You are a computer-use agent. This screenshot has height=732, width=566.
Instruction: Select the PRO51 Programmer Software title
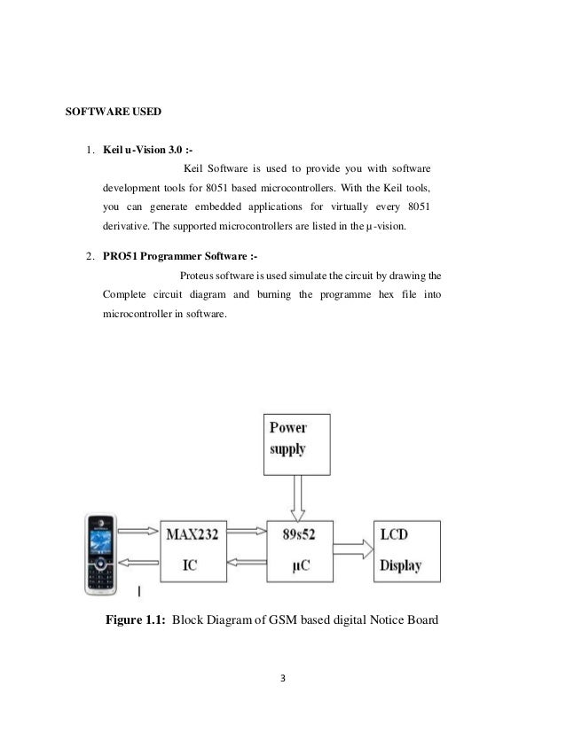coord(161,258)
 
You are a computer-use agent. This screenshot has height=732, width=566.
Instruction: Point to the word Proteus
coord(200,275)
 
